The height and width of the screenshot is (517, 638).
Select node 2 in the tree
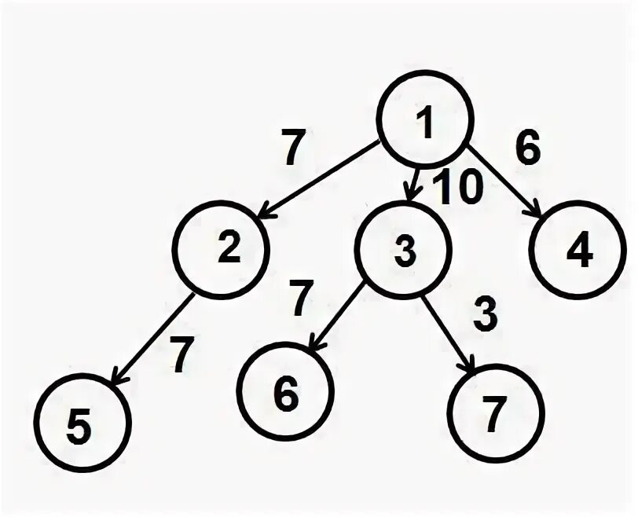[222, 249]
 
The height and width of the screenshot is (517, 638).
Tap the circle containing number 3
[404, 251]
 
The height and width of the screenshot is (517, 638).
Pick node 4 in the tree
[581, 250]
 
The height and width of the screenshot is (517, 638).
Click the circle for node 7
[495, 414]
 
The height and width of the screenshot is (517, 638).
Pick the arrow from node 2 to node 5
[154, 337]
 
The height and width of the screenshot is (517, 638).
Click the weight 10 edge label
[457, 189]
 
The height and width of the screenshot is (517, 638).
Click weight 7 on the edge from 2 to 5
[181, 356]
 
